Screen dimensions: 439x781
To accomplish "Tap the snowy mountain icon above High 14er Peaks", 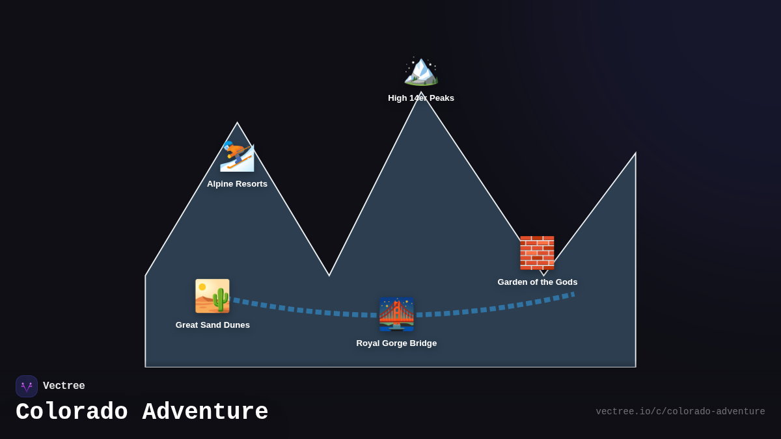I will pyautogui.click(x=421, y=71).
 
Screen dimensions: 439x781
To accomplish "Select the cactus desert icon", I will pyautogui.click(x=212, y=296).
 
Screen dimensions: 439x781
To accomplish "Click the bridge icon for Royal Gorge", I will pyautogui.click(x=396, y=315).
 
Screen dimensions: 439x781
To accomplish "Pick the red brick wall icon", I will pyautogui.click(x=537, y=253).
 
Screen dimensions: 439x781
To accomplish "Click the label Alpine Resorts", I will pyautogui.click(x=237, y=184).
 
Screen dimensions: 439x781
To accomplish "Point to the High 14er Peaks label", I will pyautogui.click(x=421, y=98).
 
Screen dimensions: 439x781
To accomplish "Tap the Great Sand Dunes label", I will pyautogui.click(x=212, y=325).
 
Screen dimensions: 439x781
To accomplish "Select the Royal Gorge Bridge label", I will pyautogui.click(x=396, y=343).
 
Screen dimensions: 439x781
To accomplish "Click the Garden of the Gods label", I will pyautogui.click(x=537, y=282).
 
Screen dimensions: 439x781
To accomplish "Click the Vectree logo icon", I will pyautogui.click(x=27, y=386).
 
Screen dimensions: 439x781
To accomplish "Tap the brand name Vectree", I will pyautogui.click(x=64, y=386).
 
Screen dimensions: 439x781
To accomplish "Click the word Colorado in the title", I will pyautogui.click(x=72, y=412).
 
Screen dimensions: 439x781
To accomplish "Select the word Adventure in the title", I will pyautogui.click(x=205, y=412).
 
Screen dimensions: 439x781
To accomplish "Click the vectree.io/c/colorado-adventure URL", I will pyautogui.click(x=680, y=412).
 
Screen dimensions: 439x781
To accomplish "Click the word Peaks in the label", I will pyautogui.click(x=441, y=98).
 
